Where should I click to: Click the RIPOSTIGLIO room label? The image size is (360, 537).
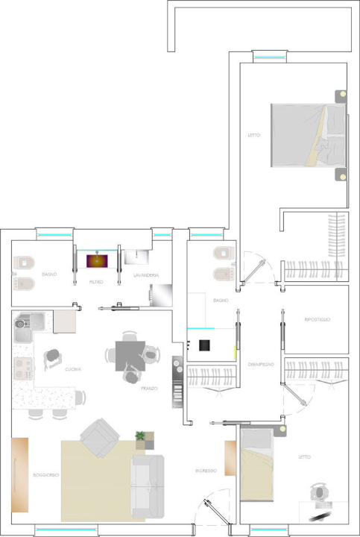click(317, 319)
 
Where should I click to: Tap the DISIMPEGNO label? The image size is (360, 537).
click(261, 363)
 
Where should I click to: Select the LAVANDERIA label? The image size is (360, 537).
click(145, 275)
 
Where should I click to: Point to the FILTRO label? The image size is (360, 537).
click(96, 283)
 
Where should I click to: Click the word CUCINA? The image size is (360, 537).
click(73, 369)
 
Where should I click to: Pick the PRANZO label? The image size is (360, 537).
click(149, 388)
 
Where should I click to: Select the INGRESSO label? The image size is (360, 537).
click(206, 471)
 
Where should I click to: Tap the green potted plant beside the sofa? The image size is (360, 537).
click(140, 435)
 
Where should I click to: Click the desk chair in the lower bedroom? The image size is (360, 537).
click(320, 493)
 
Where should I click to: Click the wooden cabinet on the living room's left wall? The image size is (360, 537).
click(20, 474)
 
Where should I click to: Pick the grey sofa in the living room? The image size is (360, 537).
click(148, 486)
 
